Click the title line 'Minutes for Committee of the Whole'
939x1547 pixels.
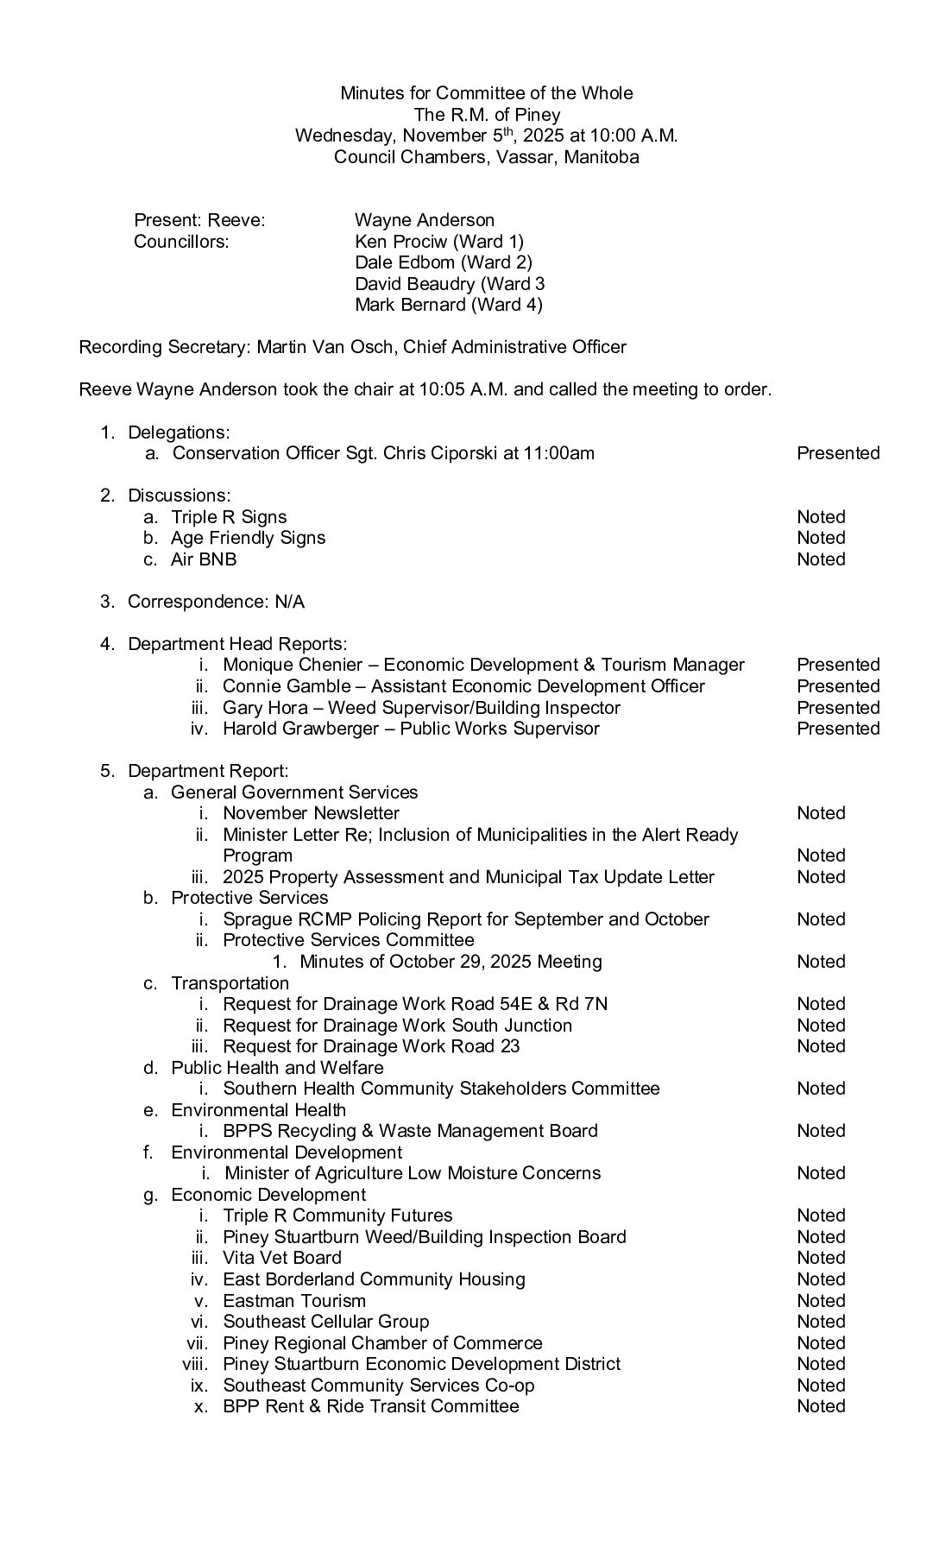coord(486,93)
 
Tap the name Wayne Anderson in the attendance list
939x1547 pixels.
coord(425,220)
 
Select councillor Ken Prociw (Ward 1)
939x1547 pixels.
coord(439,242)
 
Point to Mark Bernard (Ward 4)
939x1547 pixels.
coord(449,305)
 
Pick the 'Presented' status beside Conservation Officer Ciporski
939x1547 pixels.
coord(837,453)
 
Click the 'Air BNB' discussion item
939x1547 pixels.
coord(204,559)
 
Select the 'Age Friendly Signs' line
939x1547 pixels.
coord(248,538)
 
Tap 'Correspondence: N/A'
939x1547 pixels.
coord(216,602)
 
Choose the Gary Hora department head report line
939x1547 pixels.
coord(421,708)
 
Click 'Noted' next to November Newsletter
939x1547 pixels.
coord(821,813)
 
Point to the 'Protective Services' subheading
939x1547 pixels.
coord(249,898)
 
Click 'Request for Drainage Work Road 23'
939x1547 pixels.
coord(371,1046)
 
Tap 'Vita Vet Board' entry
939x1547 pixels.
coord(282,1258)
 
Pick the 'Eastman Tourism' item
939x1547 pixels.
coord(294,1301)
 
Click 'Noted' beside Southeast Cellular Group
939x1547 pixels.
coord(821,1322)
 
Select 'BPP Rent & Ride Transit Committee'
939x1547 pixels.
coord(371,1406)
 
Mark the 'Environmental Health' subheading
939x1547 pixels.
coord(258,1110)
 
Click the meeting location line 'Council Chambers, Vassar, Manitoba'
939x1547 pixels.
coord(486,157)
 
